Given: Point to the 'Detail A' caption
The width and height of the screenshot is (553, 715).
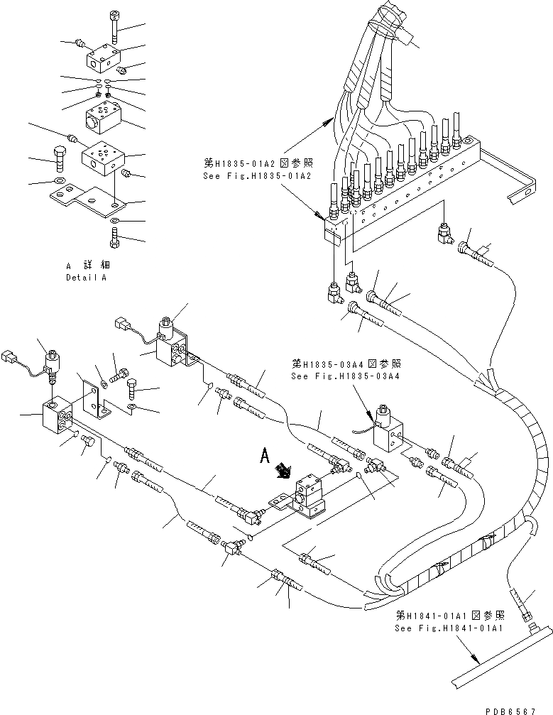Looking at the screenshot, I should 86,278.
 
